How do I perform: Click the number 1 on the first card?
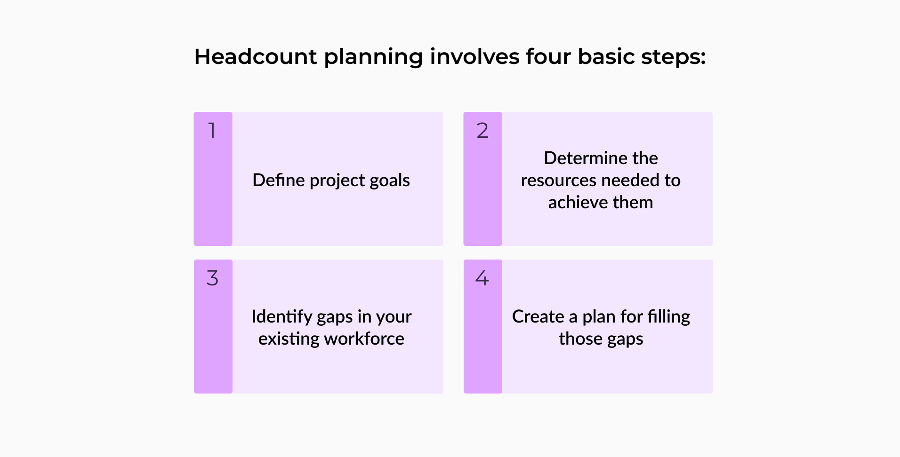[212, 130]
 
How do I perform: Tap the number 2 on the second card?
[482, 130]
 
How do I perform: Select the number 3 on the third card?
[212, 278]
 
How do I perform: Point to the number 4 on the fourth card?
[482, 278]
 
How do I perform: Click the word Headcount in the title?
[256, 56]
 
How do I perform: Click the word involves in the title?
[474, 56]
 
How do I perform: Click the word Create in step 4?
[538, 316]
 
